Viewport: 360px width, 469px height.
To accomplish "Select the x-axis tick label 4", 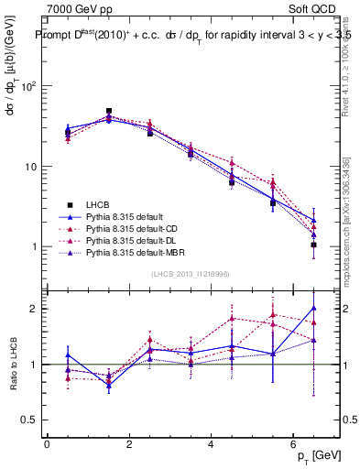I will tap(212, 445).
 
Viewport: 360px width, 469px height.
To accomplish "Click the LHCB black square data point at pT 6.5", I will tap(314, 245).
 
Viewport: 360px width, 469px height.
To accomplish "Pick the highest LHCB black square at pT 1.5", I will tap(109, 111).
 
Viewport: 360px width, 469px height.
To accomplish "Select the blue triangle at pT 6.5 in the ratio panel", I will tap(314, 308).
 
